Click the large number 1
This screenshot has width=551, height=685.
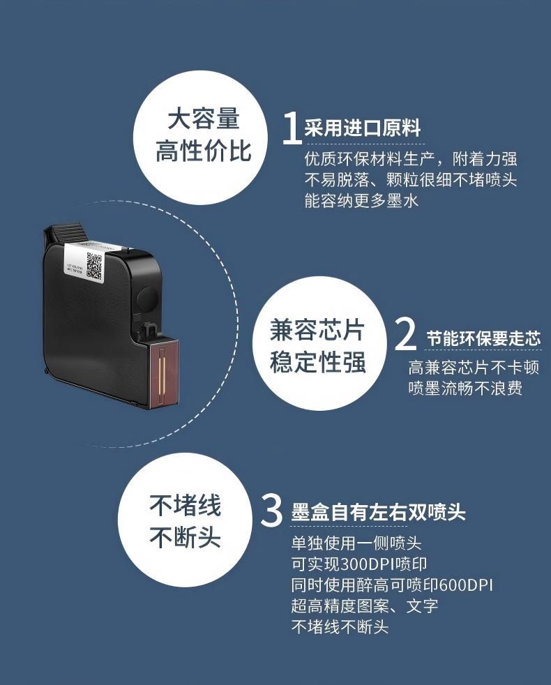(x=291, y=128)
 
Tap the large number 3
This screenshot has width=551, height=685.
(x=271, y=511)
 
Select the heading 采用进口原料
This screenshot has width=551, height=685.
(x=363, y=128)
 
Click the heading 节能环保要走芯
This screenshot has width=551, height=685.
(x=483, y=339)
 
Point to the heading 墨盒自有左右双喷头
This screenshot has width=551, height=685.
(x=378, y=513)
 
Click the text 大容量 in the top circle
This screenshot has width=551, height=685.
(x=203, y=119)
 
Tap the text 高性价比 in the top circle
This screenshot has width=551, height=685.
(x=203, y=151)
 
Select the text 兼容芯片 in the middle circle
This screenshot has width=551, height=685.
(x=318, y=330)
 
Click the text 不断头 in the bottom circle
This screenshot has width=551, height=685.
(x=186, y=538)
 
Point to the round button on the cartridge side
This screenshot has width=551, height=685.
(x=148, y=299)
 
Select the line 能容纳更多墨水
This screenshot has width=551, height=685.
(x=361, y=201)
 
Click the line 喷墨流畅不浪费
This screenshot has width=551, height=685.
(x=465, y=389)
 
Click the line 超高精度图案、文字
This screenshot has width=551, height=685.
(x=364, y=605)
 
